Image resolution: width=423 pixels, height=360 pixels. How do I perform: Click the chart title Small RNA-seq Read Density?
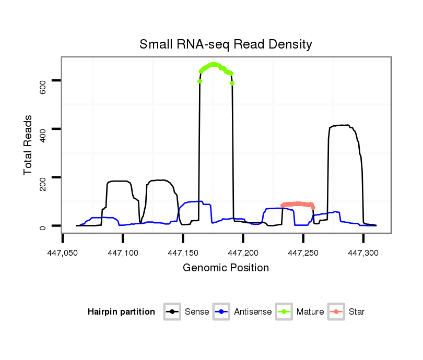pos(226,44)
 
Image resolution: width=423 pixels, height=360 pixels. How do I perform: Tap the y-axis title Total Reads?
pos(28,145)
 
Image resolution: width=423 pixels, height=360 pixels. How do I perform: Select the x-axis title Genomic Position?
pos(226,268)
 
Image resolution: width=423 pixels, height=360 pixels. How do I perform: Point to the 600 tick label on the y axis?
pos(43,80)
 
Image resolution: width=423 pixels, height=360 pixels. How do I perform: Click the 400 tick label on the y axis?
pos(43,129)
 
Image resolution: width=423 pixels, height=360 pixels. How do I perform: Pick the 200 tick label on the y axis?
pos(43,177)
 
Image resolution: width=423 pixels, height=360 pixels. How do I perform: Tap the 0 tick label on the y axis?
pos(43,226)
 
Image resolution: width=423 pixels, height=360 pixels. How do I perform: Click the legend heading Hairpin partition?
pos(121,312)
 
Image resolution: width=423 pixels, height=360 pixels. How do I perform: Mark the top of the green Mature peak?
pos(213,64)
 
